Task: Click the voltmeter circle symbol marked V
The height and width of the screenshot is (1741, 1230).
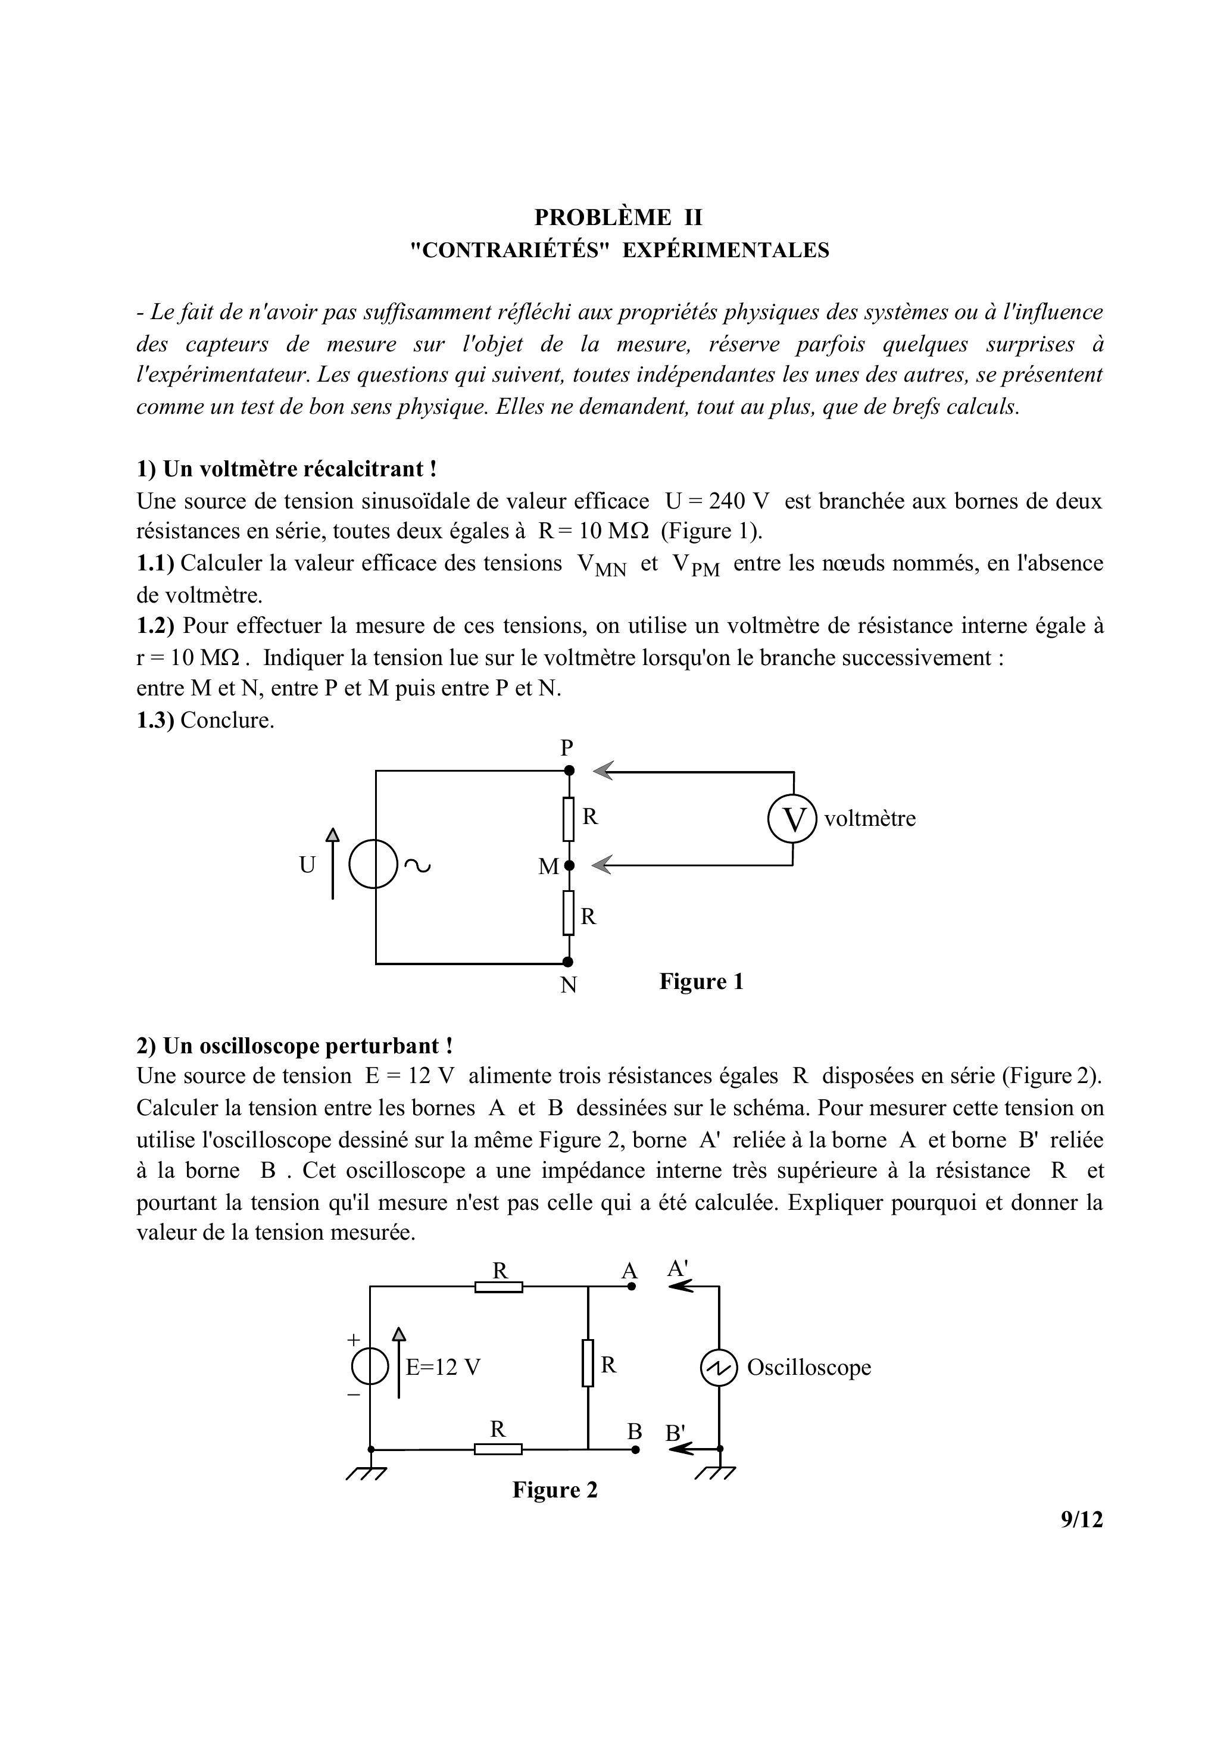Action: tap(792, 819)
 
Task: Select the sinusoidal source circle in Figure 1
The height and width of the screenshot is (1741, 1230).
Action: tap(374, 865)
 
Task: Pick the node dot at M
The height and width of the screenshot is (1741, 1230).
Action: tap(570, 865)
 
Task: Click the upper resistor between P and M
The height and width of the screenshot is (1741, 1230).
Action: tap(569, 818)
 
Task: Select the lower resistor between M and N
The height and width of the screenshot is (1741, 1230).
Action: tap(569, 913)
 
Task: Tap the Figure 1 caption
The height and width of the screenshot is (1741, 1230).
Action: tap(701, 981)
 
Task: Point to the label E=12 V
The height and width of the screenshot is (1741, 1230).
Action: tap(444, 1367)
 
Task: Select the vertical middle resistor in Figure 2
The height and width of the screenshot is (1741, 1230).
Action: tap(588, 1363)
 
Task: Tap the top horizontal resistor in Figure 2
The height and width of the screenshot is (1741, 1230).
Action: tap(498, 1287)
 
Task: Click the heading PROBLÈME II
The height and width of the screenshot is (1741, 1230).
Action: tap(618, 218)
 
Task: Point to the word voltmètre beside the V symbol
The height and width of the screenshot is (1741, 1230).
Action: tap(870, 819)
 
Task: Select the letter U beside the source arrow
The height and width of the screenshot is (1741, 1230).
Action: tap(307, 865)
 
